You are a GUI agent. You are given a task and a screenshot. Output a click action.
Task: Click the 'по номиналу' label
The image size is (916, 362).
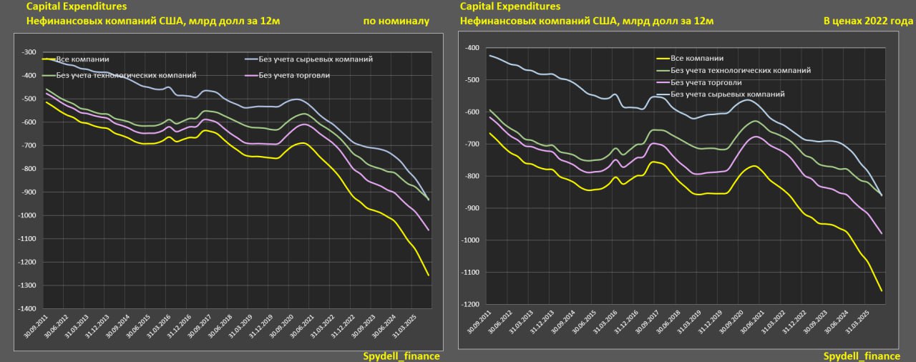[x=396, y=21]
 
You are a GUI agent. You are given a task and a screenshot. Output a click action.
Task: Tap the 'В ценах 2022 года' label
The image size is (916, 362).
[x=868, y=21]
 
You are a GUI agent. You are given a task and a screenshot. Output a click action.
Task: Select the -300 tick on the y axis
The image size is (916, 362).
[x=29, y=52]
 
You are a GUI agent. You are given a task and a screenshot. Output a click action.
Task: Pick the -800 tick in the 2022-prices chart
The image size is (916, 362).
[x=473, y=176]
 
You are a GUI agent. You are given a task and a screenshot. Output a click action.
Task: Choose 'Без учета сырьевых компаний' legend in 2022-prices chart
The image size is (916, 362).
[x=727, y=94]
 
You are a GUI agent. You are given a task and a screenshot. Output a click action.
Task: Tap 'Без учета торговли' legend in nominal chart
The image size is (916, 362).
[x=293, y=74]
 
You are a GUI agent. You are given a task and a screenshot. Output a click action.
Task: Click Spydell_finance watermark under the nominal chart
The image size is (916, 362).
[x=401, y=356]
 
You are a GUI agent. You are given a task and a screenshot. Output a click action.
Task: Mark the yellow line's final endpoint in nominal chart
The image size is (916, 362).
[x=429, y=275]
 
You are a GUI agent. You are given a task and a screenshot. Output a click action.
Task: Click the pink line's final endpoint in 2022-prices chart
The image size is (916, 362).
[x=882, y=234]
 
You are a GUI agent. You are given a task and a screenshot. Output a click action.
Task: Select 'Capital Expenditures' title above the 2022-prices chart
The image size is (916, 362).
[x=509, y=6]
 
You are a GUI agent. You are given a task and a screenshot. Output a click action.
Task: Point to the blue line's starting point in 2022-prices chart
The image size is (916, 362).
[x=489, y=55]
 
